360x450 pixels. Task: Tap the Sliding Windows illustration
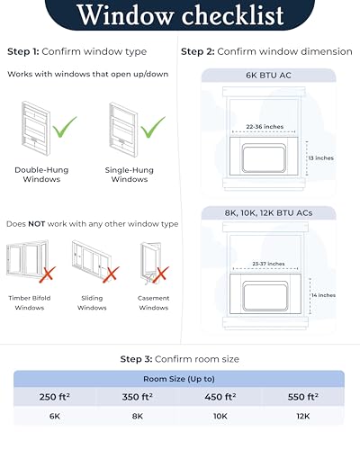click(x=91, y=261)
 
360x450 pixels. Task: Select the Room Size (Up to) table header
click(x=180, y=379)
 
